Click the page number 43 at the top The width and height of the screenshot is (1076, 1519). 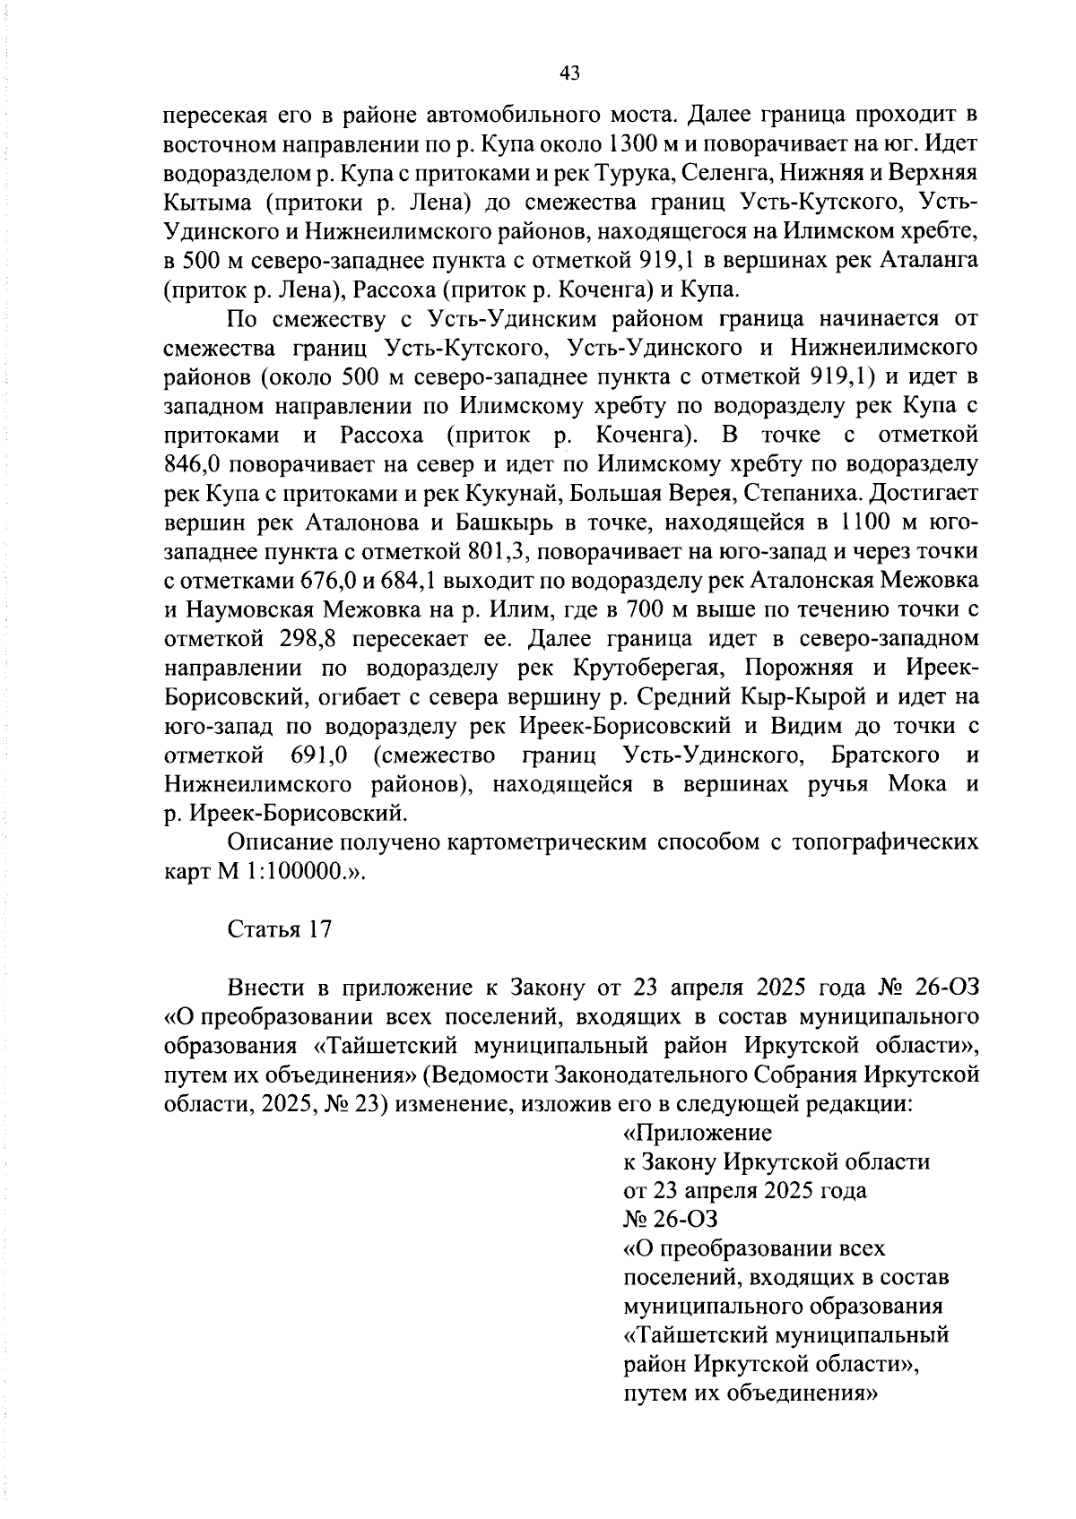click(569, 73)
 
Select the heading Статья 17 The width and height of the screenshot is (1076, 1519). click(280, 929)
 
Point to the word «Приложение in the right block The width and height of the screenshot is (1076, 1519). click(697, 1133)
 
